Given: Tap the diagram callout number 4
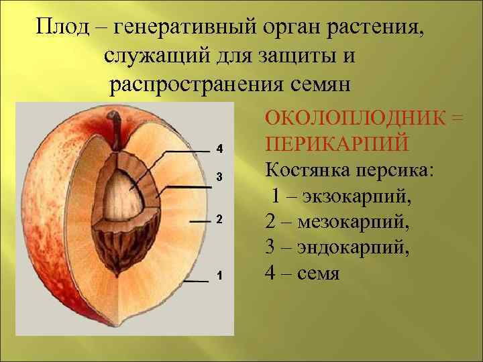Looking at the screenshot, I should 219,148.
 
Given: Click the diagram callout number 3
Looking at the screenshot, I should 219,177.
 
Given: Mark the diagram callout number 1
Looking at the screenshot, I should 219,276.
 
